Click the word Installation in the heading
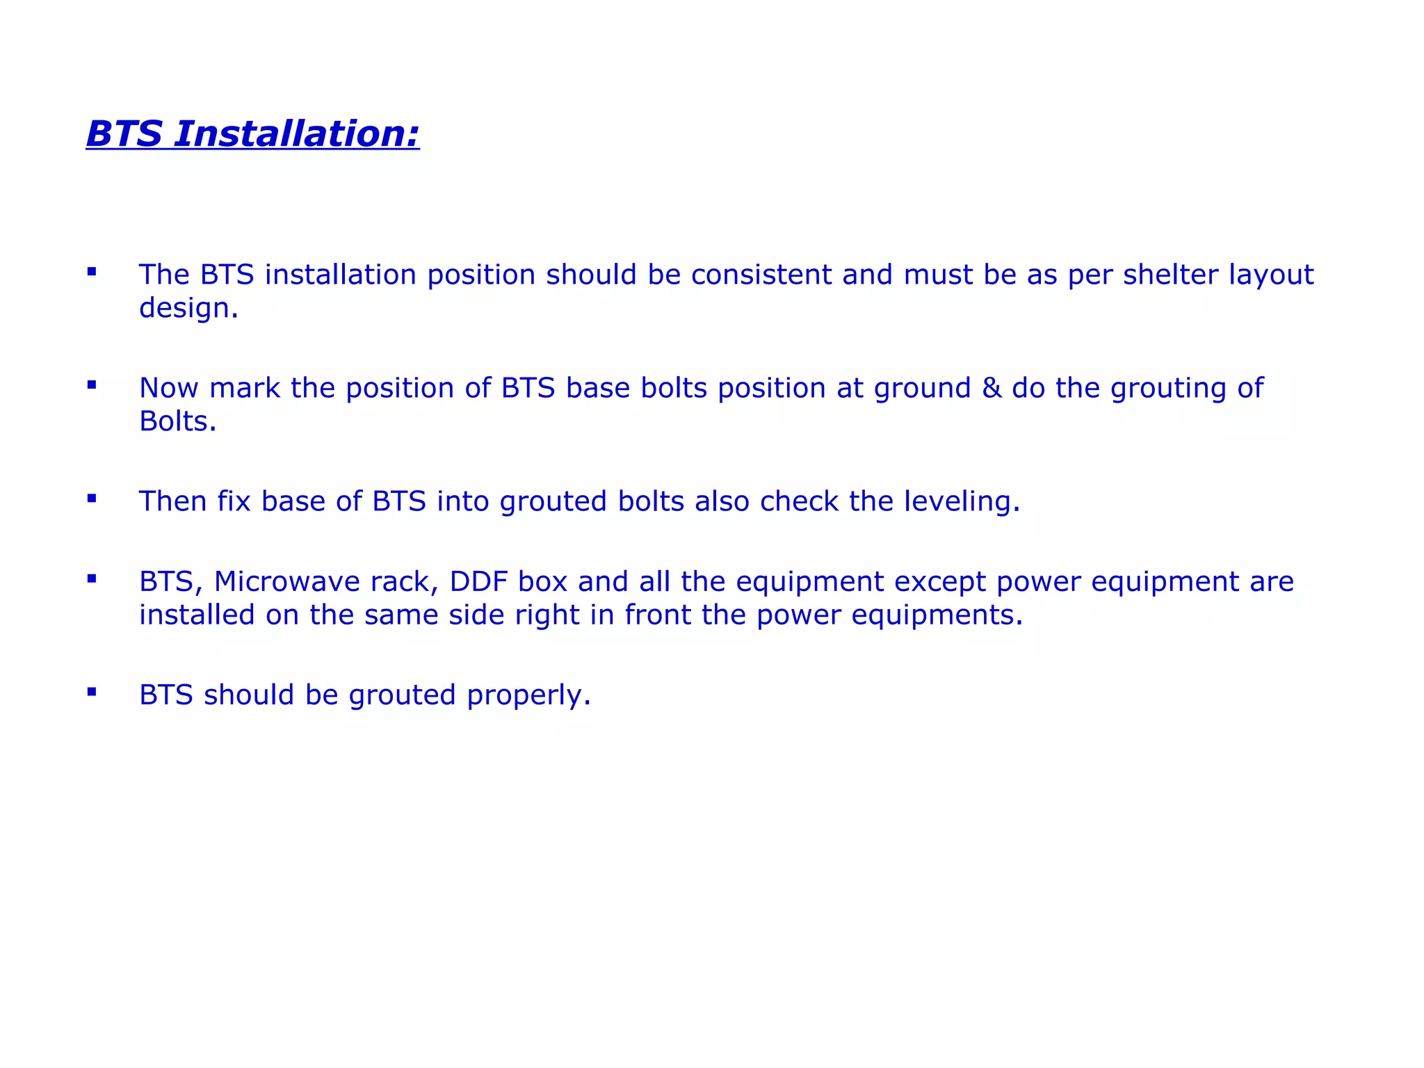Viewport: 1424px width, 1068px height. pyautogui.click(x=296, y=133)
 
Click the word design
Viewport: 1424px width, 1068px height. pyautogui.click(x=188, y=308)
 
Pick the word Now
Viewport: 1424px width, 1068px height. pyautogui.click(x=169, y=388)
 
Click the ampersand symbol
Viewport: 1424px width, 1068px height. pyautogui.click(x=992, y=388)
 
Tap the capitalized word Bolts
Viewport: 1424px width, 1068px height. pyautogui.click(x=177, y=421)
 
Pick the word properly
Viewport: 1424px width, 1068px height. pyautogui.click(x=528, y=696)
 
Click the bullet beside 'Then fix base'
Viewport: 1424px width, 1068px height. pyautogui.click(x=92, y=498)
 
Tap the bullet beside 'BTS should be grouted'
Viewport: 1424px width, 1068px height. pyautogui.click(x=92, y=691)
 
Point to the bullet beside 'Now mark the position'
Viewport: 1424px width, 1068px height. pyautogui.click(x=92, y=385)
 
